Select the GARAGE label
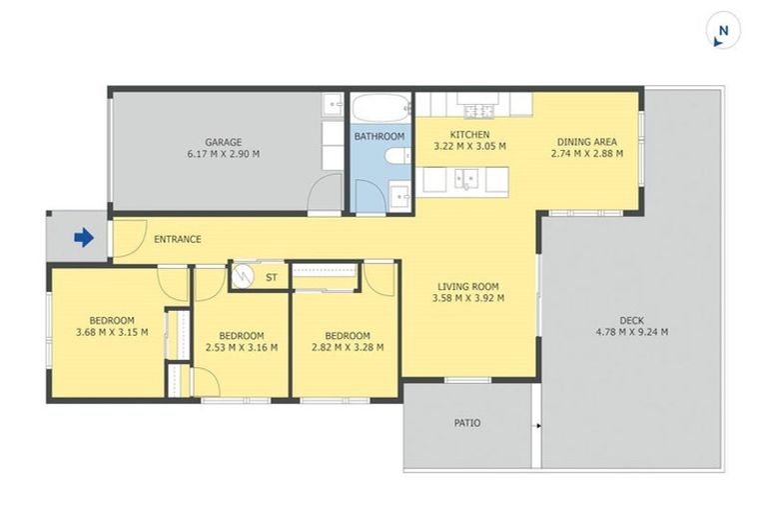pos(224,142)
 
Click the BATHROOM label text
pos(380,136)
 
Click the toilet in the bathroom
pos(395,155)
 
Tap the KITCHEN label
pos(469,134)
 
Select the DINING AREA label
pos(587,142)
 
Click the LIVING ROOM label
pos(467,286)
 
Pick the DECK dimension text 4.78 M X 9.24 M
pos(631,333)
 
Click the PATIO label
pos(467,423)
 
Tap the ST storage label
pos(271,276)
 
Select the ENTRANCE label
pos(178,239)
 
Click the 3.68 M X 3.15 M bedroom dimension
pos(111,333)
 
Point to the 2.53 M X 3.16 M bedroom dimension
pos(241,348)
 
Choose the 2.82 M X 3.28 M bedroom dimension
pos(347,348)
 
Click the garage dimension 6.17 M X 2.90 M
pos(224,154)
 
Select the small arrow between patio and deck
pos(538,426)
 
